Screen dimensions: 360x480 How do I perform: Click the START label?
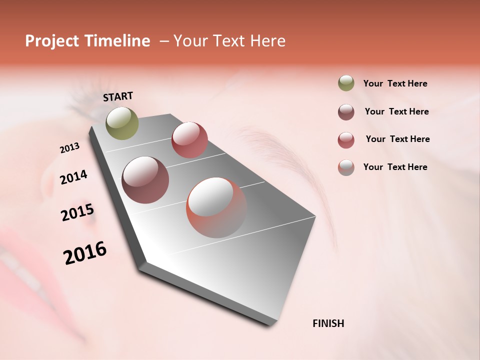pos(118,96)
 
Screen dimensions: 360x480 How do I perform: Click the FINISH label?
pos(328,323)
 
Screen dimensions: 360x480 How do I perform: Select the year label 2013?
pos(69,148)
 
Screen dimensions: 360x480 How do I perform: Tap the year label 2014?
pos(73,177)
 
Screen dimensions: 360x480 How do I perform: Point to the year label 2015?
pos(77,212)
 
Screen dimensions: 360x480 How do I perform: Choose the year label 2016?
pos(85,253)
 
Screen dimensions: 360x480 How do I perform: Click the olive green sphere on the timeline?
pos(122,123)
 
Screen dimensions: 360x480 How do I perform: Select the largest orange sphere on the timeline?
pos(216,207)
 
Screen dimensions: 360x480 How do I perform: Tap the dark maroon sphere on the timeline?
pos(145,180)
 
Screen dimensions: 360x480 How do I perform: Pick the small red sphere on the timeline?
pos(189,140)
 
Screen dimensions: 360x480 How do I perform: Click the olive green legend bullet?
pos(346,83)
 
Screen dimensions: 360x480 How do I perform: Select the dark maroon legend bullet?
pos(346,112)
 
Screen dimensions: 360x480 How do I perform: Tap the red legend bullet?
pos(346,140)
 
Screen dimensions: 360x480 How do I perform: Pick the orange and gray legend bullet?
pos(346,167)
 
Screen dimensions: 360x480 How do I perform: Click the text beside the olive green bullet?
pos(395,84)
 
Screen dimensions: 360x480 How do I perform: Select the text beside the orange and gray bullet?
pos(395,167)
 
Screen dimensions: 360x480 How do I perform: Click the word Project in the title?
pos(52,41)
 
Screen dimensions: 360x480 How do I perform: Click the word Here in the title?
pos(267,41)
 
